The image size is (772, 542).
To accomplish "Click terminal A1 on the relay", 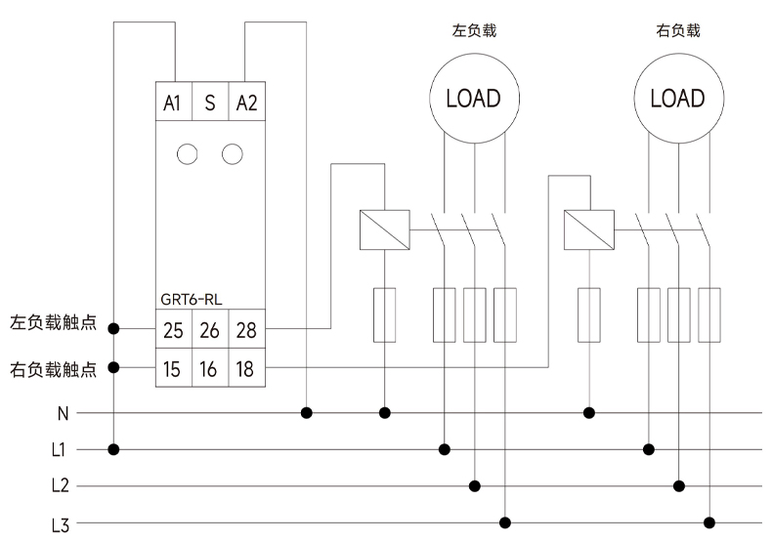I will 173,103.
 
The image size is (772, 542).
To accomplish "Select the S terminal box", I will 210,103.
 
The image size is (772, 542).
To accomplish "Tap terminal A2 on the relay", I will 246,103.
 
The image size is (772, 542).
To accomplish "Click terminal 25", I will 173,330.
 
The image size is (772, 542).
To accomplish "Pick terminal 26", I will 210,330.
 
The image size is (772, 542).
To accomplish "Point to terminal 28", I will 246,330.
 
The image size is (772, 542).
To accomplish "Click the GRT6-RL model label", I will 193,300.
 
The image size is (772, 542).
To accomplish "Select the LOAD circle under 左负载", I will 473,99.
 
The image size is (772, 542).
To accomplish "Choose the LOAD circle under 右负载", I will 677,99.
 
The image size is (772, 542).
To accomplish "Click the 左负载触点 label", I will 54,321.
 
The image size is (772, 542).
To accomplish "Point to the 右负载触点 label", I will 54,369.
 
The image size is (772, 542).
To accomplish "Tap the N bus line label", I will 63,413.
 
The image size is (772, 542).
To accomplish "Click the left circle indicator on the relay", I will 188,153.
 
